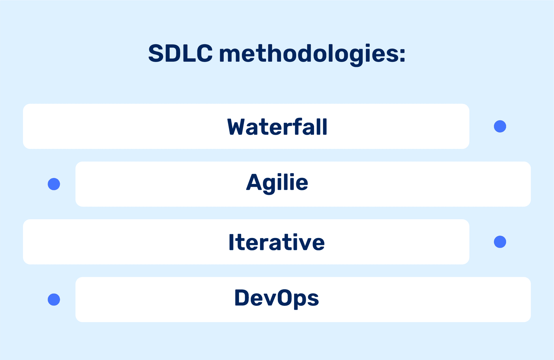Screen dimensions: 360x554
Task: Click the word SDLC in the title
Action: tap(180, 53)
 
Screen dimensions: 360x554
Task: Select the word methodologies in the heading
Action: tap(309, 54)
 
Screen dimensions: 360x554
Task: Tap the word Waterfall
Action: tap(277, 127)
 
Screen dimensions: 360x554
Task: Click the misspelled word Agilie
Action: tap(277, 183)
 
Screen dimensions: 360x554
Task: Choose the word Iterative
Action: tap(276, 242)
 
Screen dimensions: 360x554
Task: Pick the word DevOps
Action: tap(276, 298)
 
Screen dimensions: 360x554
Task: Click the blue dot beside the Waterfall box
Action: tap(500, 126)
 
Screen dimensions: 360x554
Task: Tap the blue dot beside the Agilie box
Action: tap(54, 184)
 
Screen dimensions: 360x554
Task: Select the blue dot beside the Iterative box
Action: tap(500, 242)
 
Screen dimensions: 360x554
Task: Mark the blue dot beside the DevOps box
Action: tap(54, 299)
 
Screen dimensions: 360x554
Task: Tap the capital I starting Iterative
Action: tap(231, 242)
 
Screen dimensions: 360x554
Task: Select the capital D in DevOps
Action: tap(242, 298)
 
